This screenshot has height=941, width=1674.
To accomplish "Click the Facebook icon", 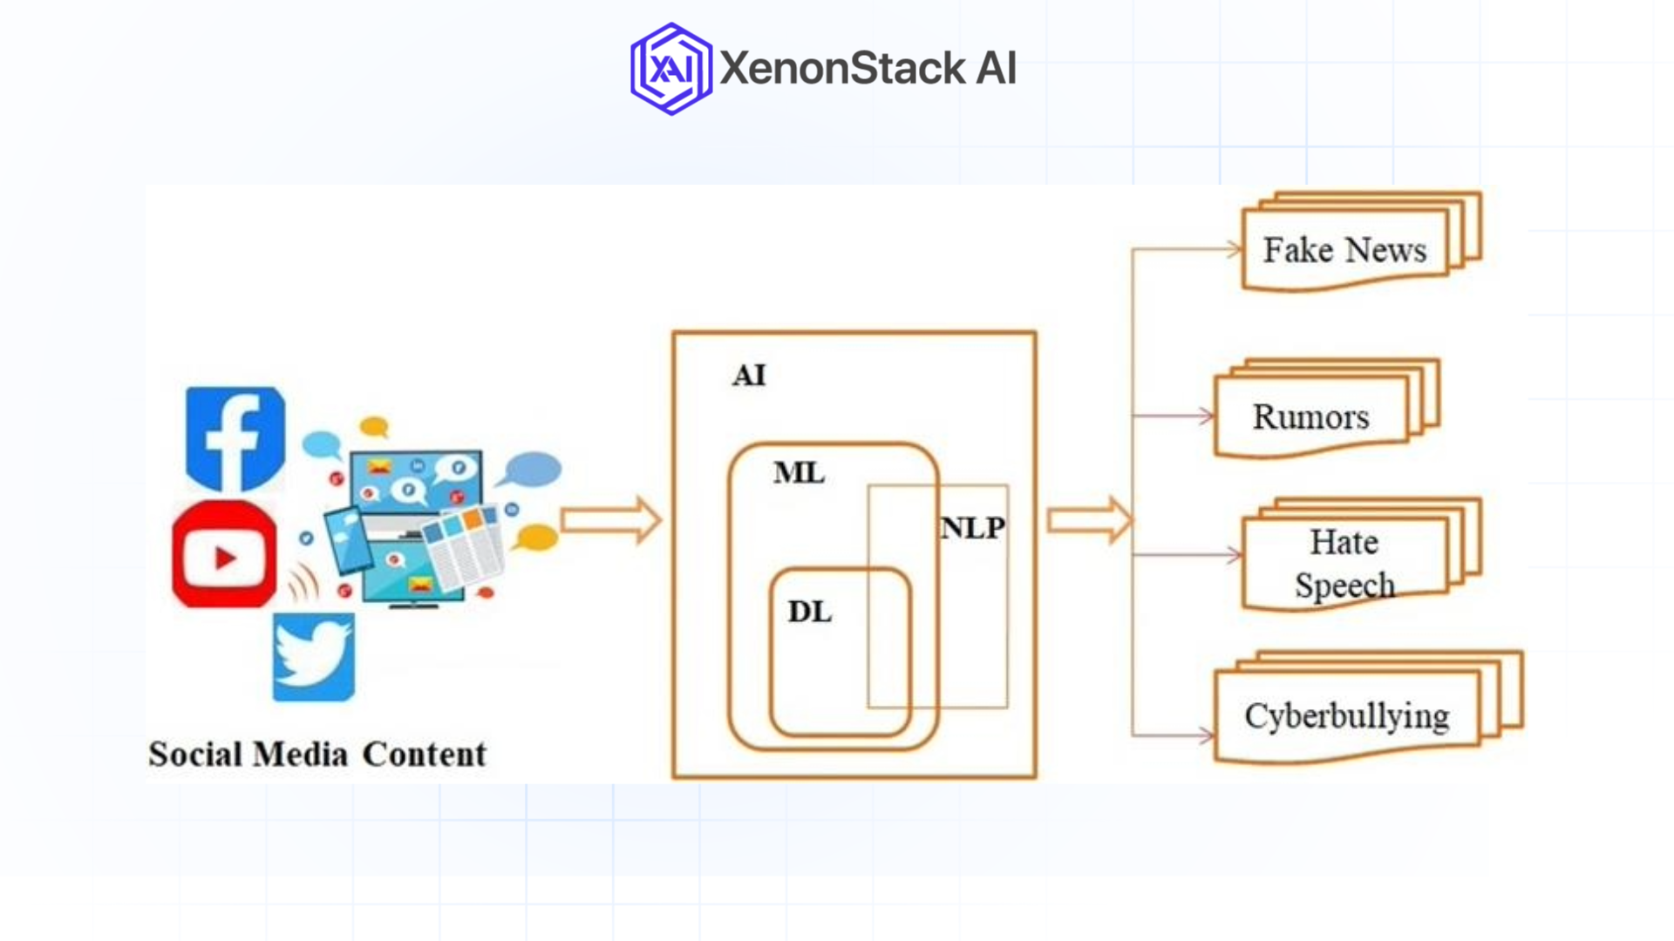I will click(x=235, y=438).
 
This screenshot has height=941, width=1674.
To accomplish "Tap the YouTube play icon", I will click(x=224, y=556).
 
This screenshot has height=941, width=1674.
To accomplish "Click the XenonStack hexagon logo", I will click(x=670, y=69).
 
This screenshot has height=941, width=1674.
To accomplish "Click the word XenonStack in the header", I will click(x=842, y=69).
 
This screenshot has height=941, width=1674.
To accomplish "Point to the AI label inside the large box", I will click(x=749, y=376).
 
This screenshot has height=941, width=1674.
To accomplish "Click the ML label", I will click(x=799, y=473).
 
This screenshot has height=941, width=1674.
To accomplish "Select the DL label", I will click(x=809, y=613).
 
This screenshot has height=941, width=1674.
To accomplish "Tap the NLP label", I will click(x=973, y=528).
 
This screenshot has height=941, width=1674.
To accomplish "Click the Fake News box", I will click(x=1344, y=250).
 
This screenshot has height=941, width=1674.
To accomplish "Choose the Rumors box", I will click(x=1310, y=417).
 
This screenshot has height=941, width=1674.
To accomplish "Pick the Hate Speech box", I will click(x=1344, y=564).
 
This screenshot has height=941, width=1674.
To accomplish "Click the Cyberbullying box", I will click(x=1346, y=716).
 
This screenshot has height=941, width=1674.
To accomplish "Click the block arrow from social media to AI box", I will click(x=611, y=521).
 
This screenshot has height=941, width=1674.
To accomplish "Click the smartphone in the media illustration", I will click(x=347, y=538).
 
